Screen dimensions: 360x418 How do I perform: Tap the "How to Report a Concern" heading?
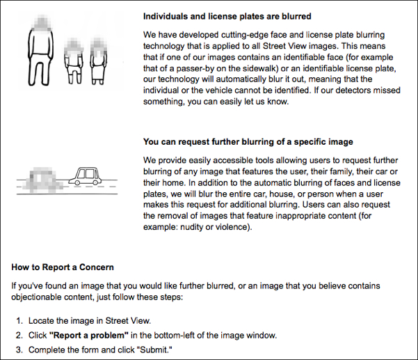[63, 267]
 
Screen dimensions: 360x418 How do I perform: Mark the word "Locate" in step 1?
[43, 321]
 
